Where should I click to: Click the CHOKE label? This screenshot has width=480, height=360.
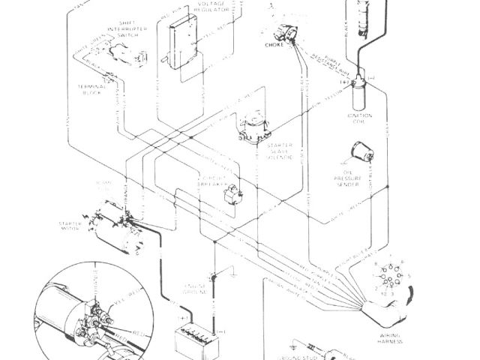pos(274,46)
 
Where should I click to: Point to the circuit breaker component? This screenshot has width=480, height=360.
pos(234,193)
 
